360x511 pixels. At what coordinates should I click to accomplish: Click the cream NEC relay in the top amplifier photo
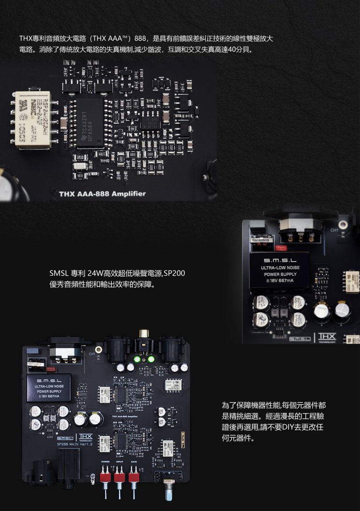tap(33, 120)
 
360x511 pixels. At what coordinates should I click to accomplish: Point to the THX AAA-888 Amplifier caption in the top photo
tap(102, 194)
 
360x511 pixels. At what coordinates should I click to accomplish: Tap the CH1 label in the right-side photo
tap(335, 230)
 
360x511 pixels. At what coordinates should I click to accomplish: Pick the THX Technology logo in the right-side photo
tap(327, 337)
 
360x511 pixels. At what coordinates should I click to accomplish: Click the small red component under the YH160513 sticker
tap(281, 248)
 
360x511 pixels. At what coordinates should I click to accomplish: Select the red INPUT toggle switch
tap(120, 476)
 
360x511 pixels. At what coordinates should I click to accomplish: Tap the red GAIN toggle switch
tap(135, 476)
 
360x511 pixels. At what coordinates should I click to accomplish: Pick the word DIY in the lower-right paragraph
tap(288, 427)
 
